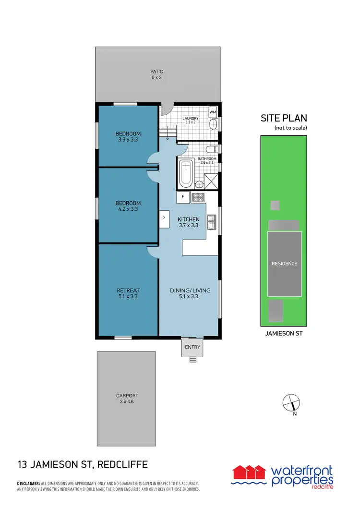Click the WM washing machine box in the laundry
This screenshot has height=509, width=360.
pos(213,112)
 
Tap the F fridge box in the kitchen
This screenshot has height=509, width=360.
pos(183,197)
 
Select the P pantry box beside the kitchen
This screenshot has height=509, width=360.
pos(164,218)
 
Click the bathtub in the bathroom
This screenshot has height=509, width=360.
pos(186,174)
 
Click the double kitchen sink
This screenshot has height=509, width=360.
pos(211,222)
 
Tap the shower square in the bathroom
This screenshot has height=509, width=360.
pos(211,181)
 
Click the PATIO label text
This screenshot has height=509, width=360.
pos(157,72)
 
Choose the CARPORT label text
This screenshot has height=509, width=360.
pos(127,396)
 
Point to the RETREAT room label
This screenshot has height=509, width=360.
pos(128,290)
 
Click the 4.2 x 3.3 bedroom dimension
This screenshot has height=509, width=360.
pos(128,209)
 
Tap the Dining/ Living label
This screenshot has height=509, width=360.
pos(191,290)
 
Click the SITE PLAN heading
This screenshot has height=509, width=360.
pos(284,118)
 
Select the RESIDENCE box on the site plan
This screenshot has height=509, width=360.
pos(284,263)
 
